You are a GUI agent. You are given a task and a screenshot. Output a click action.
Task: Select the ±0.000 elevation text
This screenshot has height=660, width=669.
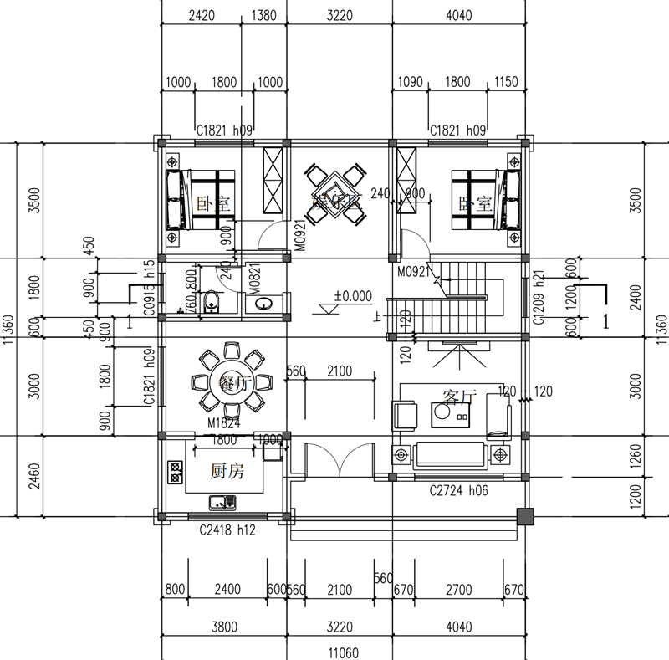pyautogui.click(x=352, y=296)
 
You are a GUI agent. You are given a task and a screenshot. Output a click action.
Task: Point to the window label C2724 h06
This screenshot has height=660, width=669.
pyautogui.click(x=457, y=491)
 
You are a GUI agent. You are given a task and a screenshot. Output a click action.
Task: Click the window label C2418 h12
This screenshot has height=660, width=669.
pyautogui.click(x=226, y=530)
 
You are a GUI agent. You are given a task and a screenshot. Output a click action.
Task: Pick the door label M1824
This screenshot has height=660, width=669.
pyautogui.click(x=223, y=424)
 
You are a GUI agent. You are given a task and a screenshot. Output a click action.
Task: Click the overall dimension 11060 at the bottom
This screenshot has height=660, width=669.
pyautogui.click(x=344, y=652)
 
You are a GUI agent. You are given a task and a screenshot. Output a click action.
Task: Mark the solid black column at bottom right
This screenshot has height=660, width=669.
pyautogui.click(x=525, y=516)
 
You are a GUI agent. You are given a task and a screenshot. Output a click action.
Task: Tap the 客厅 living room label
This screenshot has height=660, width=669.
pyautogui.click(x=458, y=397)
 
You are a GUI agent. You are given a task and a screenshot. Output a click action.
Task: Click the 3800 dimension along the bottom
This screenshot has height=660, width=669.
pyautogui.click(x=223, y=627)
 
